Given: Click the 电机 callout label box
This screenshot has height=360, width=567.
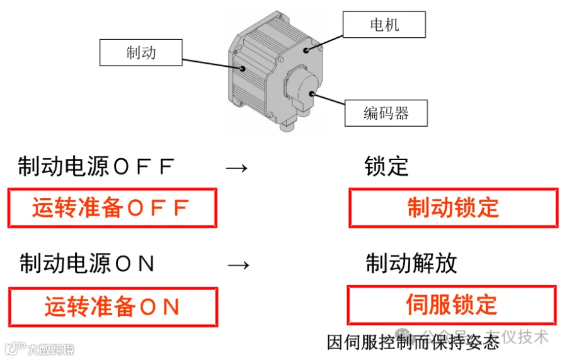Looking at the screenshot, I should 384,26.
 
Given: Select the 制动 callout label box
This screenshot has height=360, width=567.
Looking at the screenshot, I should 140,52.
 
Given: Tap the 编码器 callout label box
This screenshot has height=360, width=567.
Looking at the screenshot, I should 386,113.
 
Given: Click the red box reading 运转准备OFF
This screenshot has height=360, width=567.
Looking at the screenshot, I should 112,207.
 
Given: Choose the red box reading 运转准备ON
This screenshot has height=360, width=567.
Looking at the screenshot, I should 113,307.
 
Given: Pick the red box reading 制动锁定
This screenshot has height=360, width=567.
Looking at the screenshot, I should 453,207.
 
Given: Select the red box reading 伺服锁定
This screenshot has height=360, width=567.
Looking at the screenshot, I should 452,305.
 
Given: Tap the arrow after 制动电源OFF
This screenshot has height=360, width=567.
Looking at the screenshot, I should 237,168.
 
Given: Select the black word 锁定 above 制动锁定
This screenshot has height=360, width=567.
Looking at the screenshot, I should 386,166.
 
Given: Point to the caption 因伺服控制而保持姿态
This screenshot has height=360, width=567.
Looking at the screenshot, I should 413,342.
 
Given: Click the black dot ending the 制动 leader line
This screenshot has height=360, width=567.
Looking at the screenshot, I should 240,67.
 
